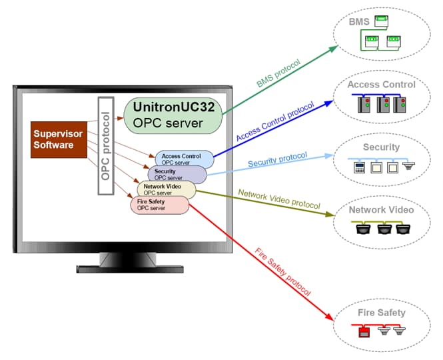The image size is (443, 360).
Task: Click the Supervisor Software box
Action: [60, 139]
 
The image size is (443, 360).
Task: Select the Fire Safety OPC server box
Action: [159, 205]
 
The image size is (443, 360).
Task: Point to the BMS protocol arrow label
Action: [278, 74]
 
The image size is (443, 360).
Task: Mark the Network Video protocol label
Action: [280, 199]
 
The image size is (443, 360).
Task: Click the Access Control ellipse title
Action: [381, 85]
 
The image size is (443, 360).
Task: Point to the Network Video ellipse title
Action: [381, 210]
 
